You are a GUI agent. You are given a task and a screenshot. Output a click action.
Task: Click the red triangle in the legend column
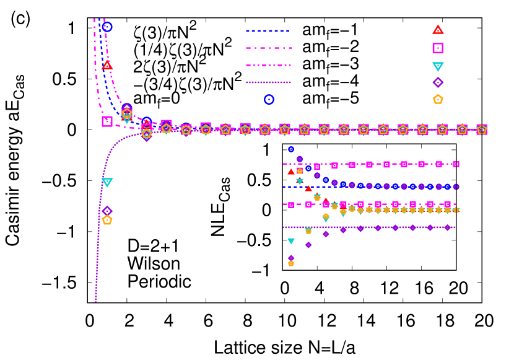point(438,30)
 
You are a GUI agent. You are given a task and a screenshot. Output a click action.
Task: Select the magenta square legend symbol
point(438,48)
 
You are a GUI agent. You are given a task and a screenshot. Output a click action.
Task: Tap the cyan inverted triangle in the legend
point(438,66)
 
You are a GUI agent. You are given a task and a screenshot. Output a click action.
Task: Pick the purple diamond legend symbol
point(438,82)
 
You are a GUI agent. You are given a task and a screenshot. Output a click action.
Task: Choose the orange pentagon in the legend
point(438,99)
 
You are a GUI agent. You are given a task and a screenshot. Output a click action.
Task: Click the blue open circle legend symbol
point(269,99)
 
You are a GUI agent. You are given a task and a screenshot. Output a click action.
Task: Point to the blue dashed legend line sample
point(268,30)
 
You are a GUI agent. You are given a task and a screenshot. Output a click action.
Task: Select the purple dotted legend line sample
point(268,82)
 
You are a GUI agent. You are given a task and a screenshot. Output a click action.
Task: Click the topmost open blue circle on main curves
point(107,27)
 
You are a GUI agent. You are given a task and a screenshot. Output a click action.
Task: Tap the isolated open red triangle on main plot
point(107,64)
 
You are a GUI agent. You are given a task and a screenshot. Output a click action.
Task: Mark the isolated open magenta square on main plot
point(107,121)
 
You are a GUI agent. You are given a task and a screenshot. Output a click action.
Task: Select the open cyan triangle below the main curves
point(107,182)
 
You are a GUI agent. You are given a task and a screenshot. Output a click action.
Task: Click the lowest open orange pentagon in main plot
point(107,220)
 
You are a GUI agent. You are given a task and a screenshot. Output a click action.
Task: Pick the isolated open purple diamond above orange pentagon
point(107,211)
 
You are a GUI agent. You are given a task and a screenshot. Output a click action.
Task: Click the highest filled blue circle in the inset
point(291,149)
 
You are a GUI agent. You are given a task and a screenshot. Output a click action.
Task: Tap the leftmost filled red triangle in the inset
point(291,172)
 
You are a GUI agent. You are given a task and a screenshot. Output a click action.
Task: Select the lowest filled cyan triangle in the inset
point(291,241)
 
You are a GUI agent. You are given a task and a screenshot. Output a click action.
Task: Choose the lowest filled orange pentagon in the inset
point(291,263)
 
